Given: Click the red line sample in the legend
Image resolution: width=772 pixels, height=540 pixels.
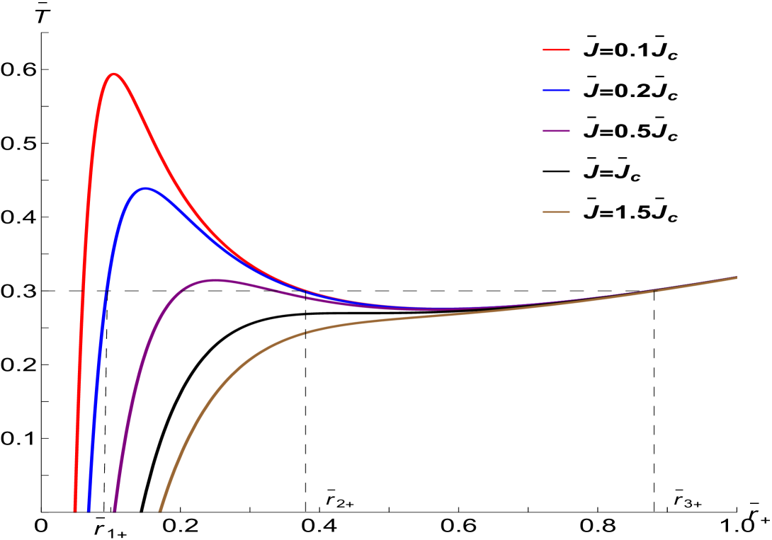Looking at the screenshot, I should (556, 50).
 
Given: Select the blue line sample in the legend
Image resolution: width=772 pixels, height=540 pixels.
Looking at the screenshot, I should (556, 91).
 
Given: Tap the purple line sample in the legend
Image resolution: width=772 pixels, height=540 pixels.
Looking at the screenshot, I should (556, 131).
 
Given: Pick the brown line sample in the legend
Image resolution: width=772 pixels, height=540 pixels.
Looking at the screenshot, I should (556, 212).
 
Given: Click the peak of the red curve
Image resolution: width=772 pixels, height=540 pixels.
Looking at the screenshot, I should (113, 74).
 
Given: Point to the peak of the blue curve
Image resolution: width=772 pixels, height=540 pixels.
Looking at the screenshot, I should (145, 188).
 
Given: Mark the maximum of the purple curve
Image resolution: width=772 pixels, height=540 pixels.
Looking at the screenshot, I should (215, 280).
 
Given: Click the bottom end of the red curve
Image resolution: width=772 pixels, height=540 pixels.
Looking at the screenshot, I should (75, 509).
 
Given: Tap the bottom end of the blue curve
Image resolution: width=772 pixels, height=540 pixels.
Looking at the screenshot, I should (89, 509).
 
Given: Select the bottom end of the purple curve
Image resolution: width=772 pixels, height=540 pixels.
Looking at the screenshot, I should (114, 509).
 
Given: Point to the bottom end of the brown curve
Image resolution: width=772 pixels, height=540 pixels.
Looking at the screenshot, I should (160, 509).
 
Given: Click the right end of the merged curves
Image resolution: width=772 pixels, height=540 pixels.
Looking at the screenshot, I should (737, 277).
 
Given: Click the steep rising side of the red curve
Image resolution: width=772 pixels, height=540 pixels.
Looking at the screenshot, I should (84, 283).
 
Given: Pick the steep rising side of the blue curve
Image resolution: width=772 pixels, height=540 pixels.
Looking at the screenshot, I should (103, 318).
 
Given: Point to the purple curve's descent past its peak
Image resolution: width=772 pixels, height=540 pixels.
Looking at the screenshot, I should (283, 292).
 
